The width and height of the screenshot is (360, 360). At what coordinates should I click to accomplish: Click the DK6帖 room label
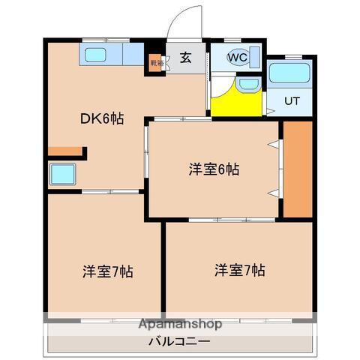pyautogui.click(x=103, y=118)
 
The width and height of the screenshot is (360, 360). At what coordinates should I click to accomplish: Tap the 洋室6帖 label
pyautogui.click(x=214, y=169)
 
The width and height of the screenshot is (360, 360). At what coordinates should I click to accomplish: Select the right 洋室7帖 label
pyautogui.click(x=239, y=269)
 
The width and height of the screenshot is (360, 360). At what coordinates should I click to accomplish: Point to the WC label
pyautogui.click(x=237, y=57)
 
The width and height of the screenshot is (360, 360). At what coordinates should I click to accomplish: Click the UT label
pyautogui.click(x=292, y=100)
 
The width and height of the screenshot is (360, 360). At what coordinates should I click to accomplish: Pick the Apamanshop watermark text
pyautogui.click(x=179, y=325)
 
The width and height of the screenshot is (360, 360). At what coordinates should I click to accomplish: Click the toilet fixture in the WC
pyautogui.click(x=253, y=57)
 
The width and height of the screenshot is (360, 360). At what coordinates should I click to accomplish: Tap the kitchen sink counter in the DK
pyautogui.click(x=112, y=55)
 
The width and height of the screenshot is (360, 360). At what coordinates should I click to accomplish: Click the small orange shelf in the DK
pyautogui.click(x=66, y=152)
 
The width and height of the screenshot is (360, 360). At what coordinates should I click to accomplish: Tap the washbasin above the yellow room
pyautogui.click(x=247, y=84)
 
